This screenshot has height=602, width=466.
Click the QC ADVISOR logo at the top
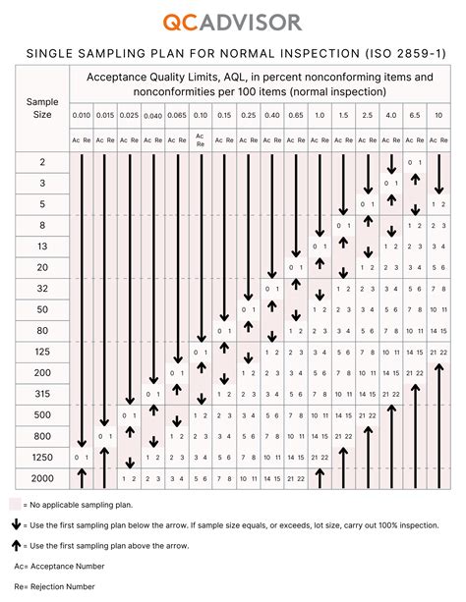233,22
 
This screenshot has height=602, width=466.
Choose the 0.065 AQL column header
177,116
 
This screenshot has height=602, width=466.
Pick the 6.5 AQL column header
415,116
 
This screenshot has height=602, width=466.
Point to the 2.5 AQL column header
367,116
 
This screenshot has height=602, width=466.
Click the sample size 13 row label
42,245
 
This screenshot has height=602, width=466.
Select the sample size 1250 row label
42,457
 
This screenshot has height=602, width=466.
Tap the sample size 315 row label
42,394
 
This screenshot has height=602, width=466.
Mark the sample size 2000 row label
42,478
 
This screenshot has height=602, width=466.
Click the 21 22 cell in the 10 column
438,352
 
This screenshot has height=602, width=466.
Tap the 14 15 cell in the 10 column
438,330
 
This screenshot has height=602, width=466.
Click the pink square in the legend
16,503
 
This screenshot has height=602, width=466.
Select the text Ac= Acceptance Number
57,567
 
